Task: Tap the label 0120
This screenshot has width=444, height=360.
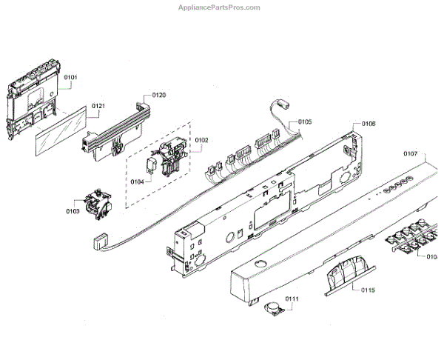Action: point(159,95)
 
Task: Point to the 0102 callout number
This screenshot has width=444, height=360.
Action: point(201,139)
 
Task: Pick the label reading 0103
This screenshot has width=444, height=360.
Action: point(72,211)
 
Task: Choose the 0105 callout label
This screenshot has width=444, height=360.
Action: point(305,121)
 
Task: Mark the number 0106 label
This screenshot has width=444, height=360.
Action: point(369,124)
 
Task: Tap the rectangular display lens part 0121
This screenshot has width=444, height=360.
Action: point(58,137)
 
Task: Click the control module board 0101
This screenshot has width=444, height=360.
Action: point(33,104)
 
